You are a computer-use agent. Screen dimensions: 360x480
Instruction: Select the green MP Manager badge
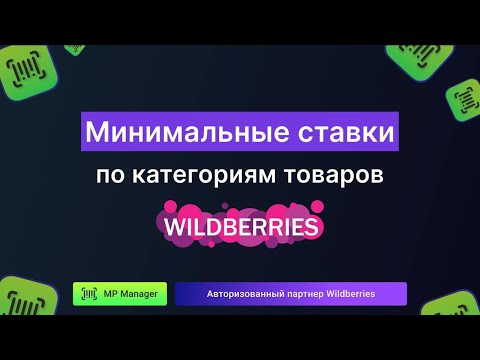click(x=120, y=294)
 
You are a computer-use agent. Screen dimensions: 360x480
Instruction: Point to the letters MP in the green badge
click(x=111, y=294)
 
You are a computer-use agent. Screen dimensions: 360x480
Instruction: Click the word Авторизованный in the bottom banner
click(x=243, y=294)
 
